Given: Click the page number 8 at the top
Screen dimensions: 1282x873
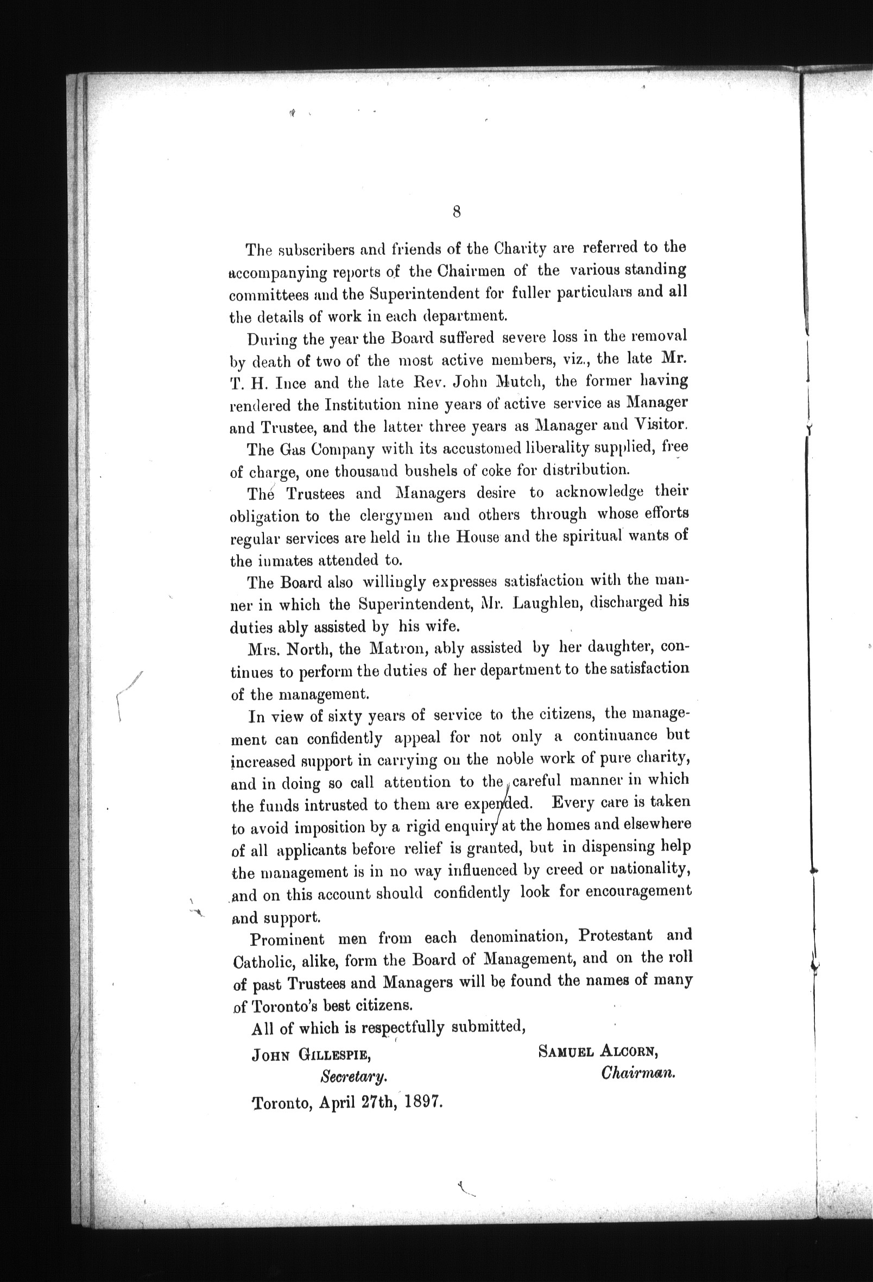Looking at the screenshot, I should click(x=457, y=212).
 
